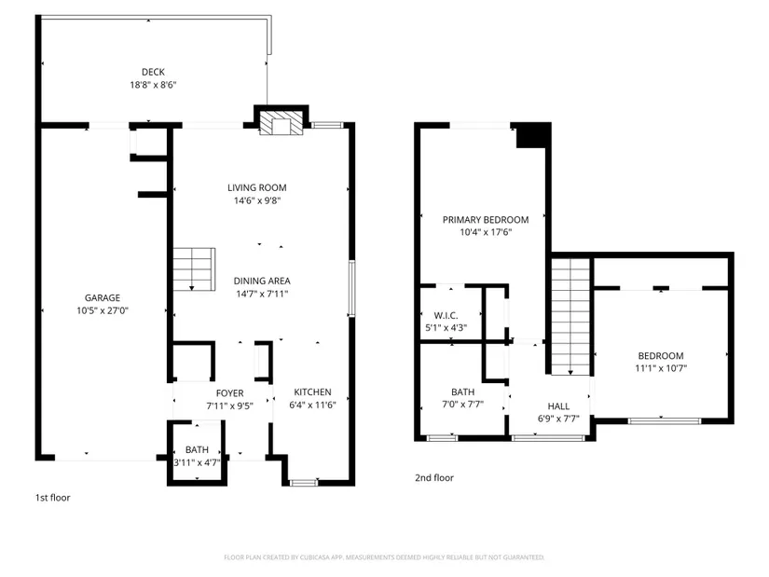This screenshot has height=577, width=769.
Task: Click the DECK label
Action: (153, 72)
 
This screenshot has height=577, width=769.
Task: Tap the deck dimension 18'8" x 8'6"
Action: (153, 85)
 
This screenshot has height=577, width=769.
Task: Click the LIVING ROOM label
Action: (257, 187)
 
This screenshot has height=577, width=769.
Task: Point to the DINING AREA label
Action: (262, 281)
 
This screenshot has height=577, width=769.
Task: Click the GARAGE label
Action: (103, 298)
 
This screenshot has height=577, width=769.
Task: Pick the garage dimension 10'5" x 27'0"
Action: (103, 310)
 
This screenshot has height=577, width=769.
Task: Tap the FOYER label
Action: (229, 393)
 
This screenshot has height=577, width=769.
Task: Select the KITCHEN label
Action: (312, 392)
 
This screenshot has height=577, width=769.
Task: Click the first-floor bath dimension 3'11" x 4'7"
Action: (198, 462)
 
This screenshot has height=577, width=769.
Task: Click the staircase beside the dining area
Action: (194, 269)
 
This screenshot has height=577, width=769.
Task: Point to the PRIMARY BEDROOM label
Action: (486, 220)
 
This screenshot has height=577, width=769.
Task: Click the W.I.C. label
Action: (446, 315)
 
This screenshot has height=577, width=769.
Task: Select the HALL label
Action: (558, 406)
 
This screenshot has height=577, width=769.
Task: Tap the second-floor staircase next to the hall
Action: (570, 317)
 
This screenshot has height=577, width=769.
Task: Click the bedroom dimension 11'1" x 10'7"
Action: (661, 368)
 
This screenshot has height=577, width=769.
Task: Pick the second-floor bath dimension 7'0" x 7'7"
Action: (462, 405)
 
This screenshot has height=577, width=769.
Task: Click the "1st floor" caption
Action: (52, 498)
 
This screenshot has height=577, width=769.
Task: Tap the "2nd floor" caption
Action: (434, 478)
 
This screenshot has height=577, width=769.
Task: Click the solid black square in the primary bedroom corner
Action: (531, 135)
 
